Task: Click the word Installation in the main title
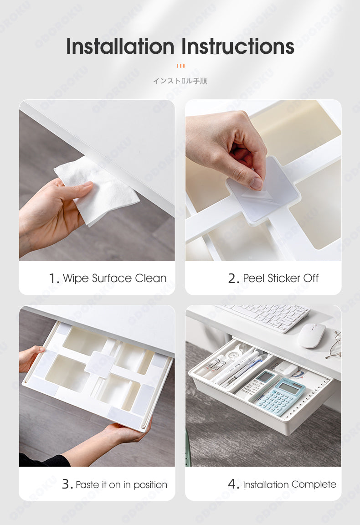click(120, 46)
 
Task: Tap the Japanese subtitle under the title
click(180, 81)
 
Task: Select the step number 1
click(54, 278)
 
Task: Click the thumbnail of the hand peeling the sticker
click(263, 180)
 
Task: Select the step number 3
click(67, 484)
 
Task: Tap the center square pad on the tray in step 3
click(99, 365)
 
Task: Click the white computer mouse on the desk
click(312, 335)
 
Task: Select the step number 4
click(233, 484)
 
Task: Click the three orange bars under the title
click(180, 66)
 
